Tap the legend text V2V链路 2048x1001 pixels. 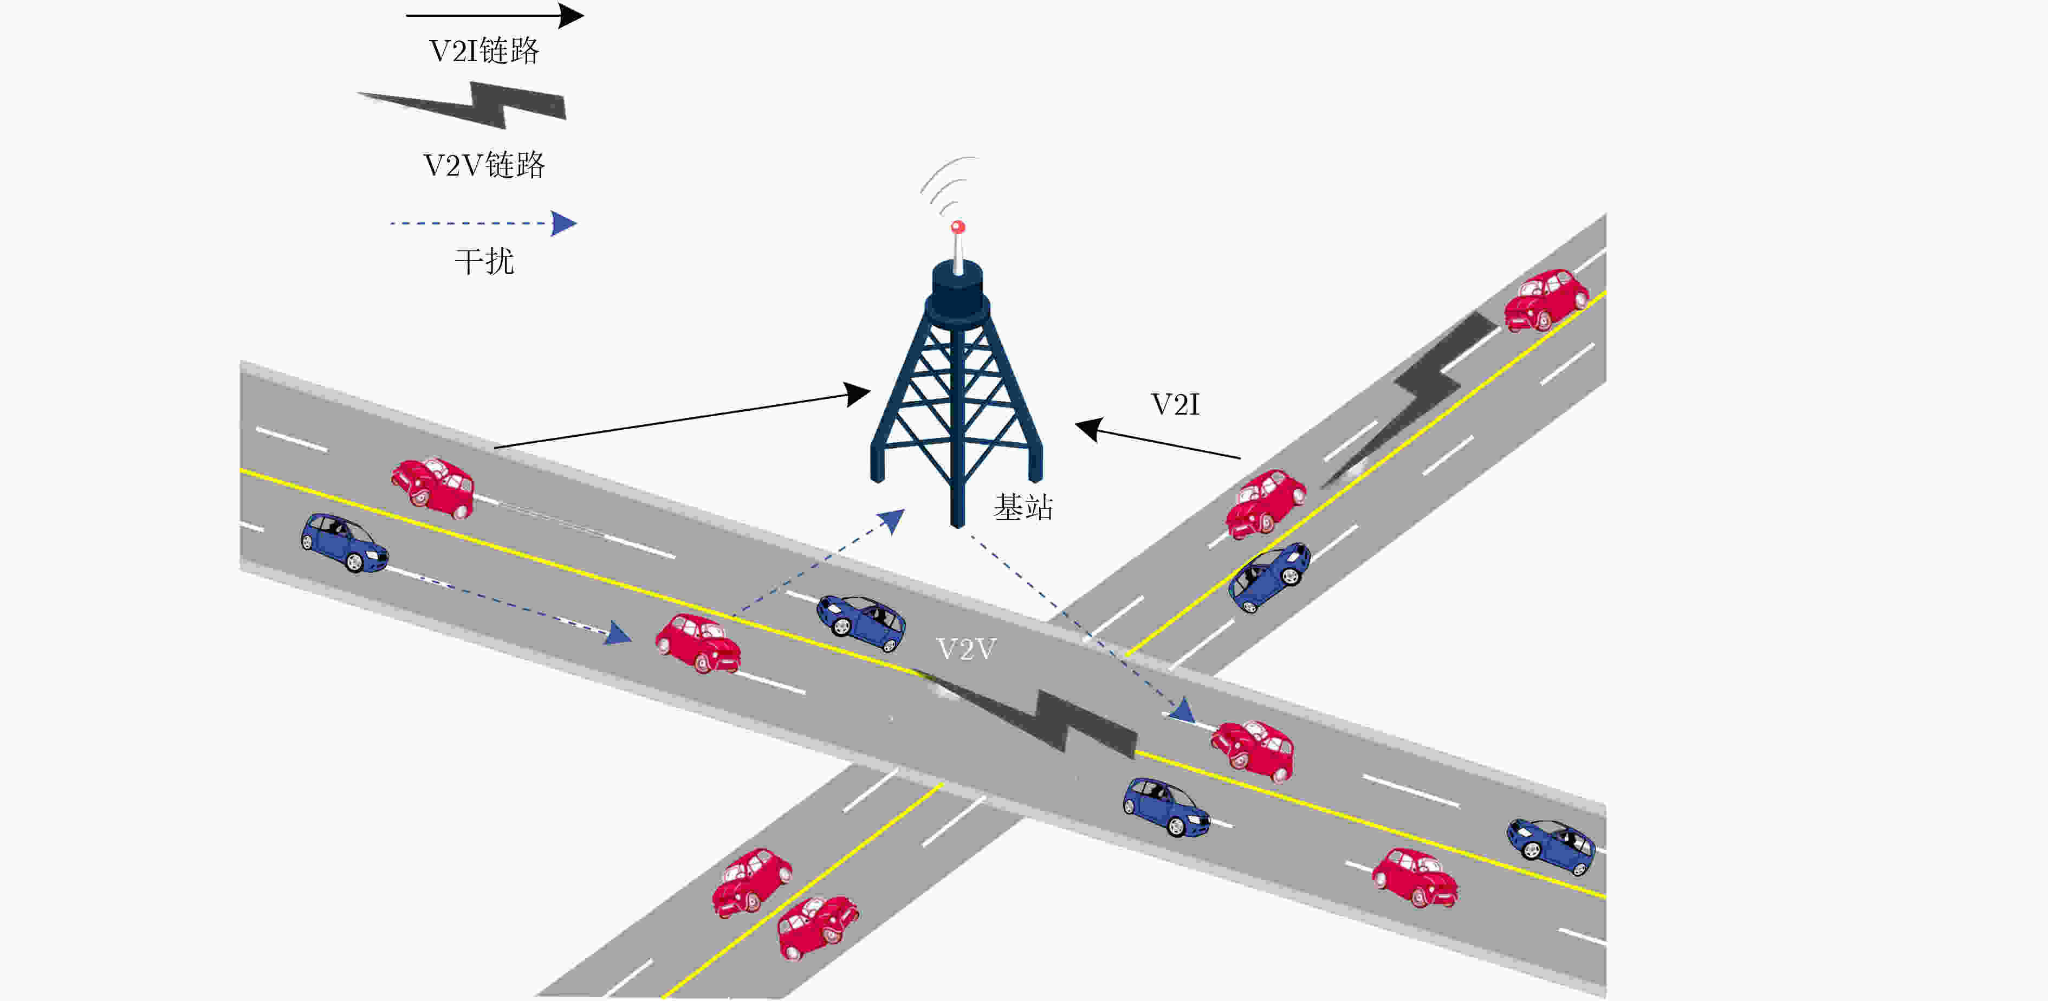point(484,165)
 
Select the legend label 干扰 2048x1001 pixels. point(484,261)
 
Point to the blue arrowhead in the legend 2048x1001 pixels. point(563,223)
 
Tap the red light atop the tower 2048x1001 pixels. point(958,228)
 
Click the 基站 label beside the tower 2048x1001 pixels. point(1023,507)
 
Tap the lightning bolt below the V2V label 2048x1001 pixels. point(1026,712)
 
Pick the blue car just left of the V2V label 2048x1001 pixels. point(861,623)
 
